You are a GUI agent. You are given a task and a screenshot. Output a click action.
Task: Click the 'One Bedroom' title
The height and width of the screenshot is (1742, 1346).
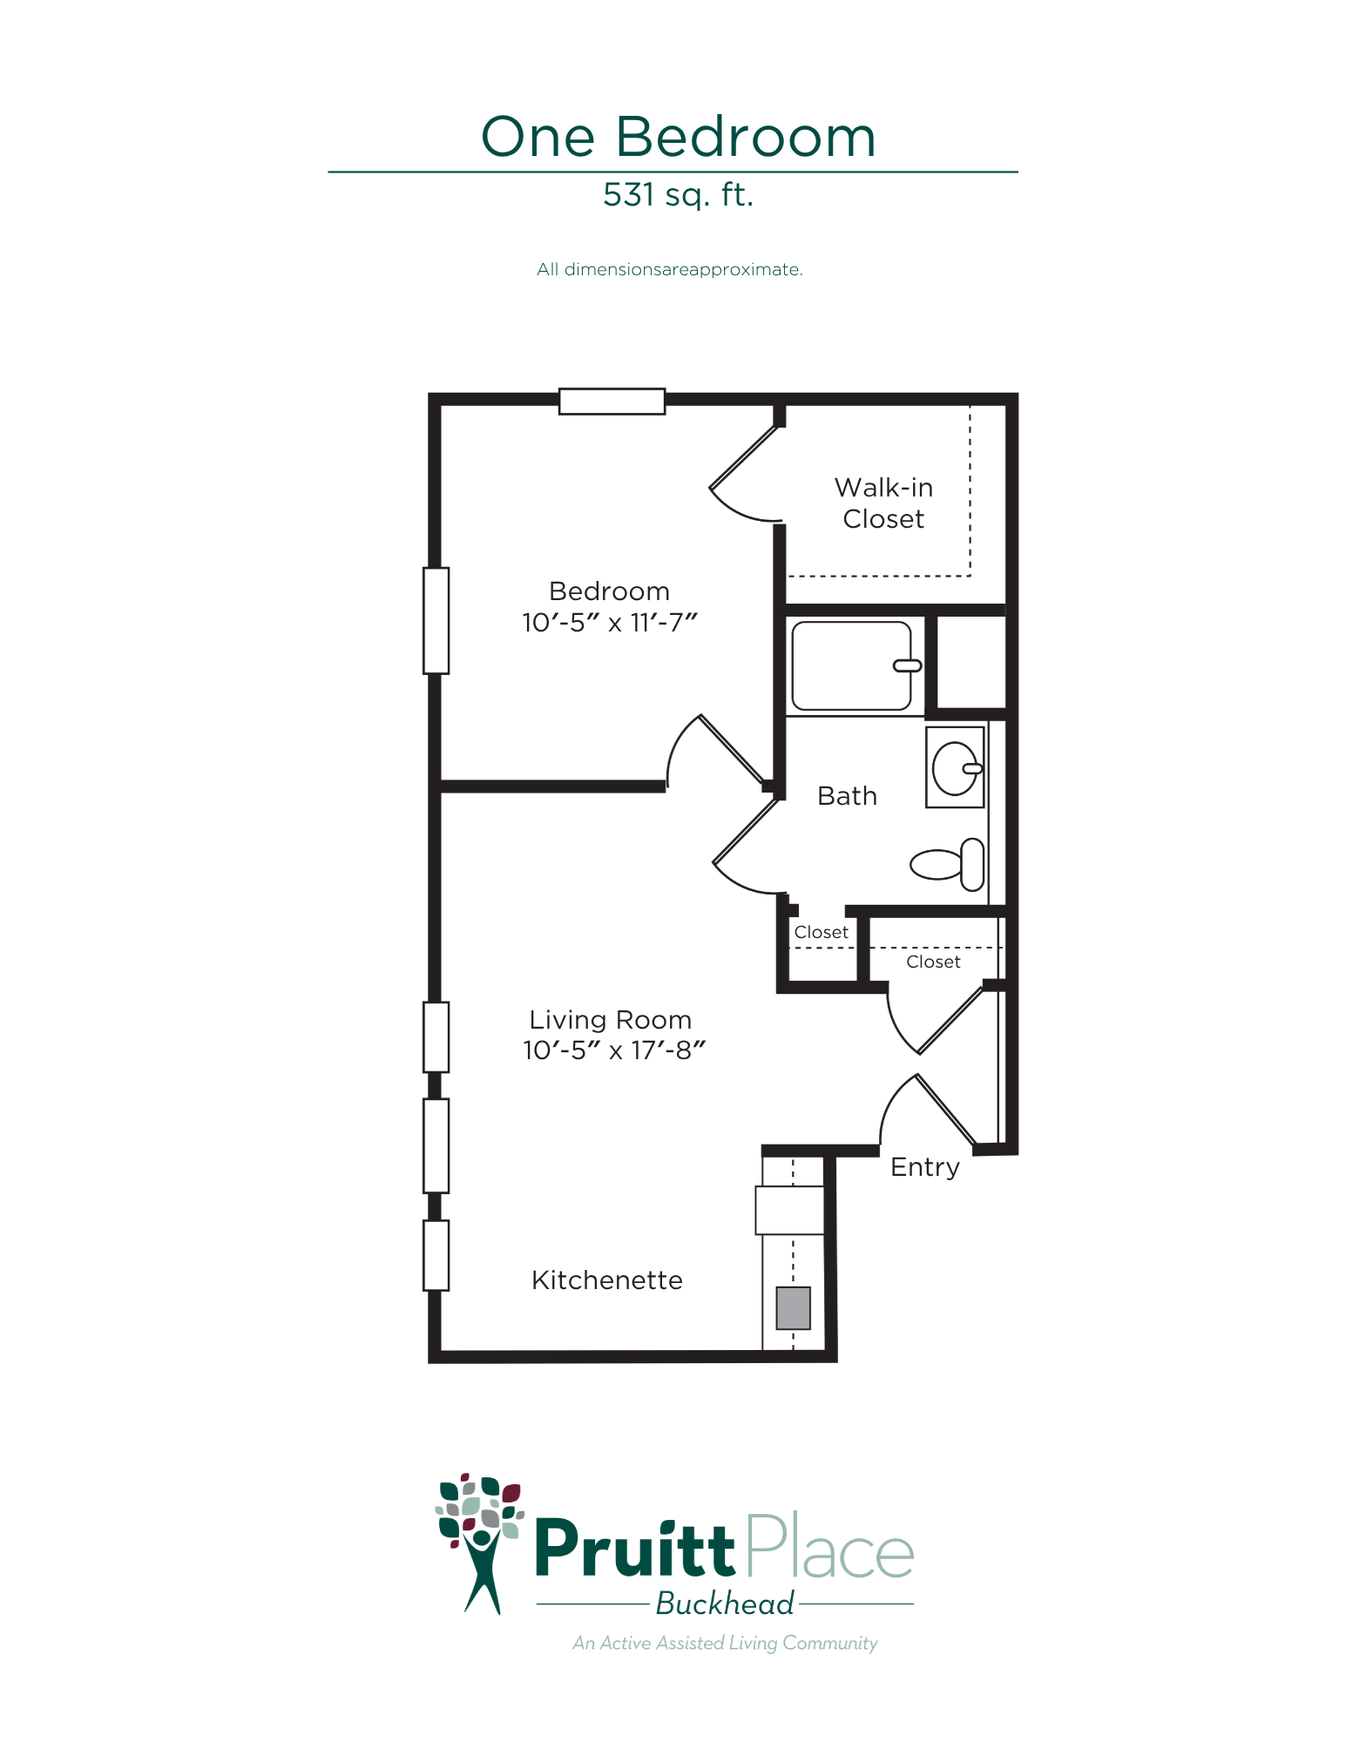[x=678, y=137]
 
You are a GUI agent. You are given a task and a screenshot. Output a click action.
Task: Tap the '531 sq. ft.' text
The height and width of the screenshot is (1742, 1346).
[x=678, y=195]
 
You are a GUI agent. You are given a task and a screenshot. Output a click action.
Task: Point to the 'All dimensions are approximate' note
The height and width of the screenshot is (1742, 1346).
[x=669, y=269]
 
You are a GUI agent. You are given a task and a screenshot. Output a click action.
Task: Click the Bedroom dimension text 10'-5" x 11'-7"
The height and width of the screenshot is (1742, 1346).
[x=610, y=623]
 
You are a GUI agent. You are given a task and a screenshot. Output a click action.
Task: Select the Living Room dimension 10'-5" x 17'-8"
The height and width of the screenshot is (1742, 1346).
[x=613, y=1050]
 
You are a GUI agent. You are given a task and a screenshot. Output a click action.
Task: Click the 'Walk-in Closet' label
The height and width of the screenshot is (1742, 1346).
[x=883, y=503]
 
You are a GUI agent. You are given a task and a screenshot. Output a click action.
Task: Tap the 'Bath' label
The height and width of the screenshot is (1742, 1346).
[x=847, y=796]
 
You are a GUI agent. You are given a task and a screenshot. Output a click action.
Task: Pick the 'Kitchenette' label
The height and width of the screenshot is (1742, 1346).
[x=607, y=1280]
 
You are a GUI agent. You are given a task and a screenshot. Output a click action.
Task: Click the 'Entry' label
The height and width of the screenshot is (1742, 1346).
[x=925, y=1168]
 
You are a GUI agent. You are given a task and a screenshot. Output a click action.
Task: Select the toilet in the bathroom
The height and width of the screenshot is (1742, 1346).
[x=947, y=865]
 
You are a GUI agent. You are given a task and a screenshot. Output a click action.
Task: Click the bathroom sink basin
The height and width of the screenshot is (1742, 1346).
[x=955, y=768]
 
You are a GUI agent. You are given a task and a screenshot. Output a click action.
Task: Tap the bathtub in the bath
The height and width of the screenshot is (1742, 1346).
[x=852, y=666]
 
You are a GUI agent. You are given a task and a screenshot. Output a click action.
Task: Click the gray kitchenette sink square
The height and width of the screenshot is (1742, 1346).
[x=794, y=1308]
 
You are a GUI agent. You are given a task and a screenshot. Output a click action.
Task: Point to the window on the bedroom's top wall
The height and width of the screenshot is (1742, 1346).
[x=612, y=401]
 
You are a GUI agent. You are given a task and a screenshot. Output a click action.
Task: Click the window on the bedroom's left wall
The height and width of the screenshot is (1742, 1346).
[x=436, y=620]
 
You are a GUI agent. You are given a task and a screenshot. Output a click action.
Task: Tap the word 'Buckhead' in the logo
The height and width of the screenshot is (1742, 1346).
[x=725, y=1604]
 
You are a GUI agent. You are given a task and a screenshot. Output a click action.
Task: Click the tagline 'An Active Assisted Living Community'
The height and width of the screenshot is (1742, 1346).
[x=725, y=1644]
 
